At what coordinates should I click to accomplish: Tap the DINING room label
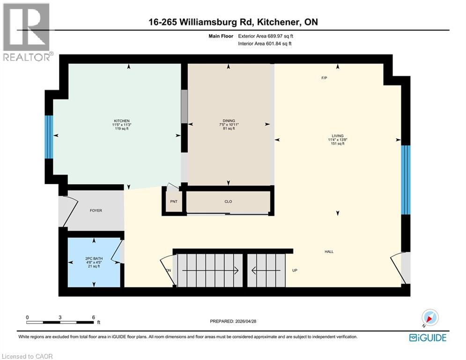pos(229,120)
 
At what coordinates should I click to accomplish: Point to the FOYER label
pos(96,210)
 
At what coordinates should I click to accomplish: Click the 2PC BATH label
pos(94,258)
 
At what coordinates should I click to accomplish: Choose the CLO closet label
pos(228,202)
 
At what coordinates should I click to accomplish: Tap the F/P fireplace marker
pos(324,78)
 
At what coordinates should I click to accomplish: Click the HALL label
pos(329,252)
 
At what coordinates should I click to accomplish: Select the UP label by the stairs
pos(295,270)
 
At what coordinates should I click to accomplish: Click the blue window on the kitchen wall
pos(49,136)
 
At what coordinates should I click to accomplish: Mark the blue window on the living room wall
pos(406,179)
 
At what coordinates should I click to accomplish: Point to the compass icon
pos(429,318)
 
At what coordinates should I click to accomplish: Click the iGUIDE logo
pos(427,337)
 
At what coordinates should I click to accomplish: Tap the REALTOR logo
pos(27,32)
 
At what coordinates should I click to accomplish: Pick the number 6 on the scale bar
pos(94,317)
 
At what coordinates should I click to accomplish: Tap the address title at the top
pos(232,22)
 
